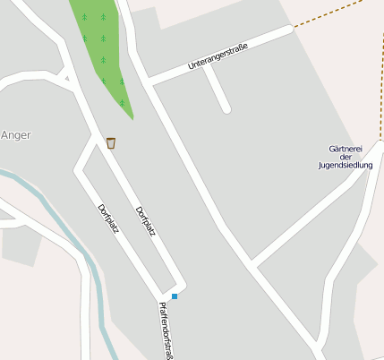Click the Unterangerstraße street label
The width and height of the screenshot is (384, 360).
[x=218, y=54]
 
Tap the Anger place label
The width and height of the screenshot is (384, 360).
[x=16, y=135]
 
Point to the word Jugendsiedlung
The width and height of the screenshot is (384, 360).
[x=346, y=165]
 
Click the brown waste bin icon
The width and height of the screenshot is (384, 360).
[x=111, y=142]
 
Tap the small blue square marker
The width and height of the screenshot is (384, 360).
[x=175, y=296]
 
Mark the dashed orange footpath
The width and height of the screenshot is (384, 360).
[x=336, y=14]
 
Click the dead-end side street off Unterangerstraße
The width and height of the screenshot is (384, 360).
[x=216, y=90]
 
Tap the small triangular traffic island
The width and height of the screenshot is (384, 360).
[x=66, y=79]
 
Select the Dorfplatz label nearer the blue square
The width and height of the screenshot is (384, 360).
[x=146, y=221]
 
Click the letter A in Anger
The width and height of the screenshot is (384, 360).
[x=4, y=135]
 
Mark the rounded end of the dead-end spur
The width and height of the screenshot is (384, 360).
[x=226, y=109]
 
